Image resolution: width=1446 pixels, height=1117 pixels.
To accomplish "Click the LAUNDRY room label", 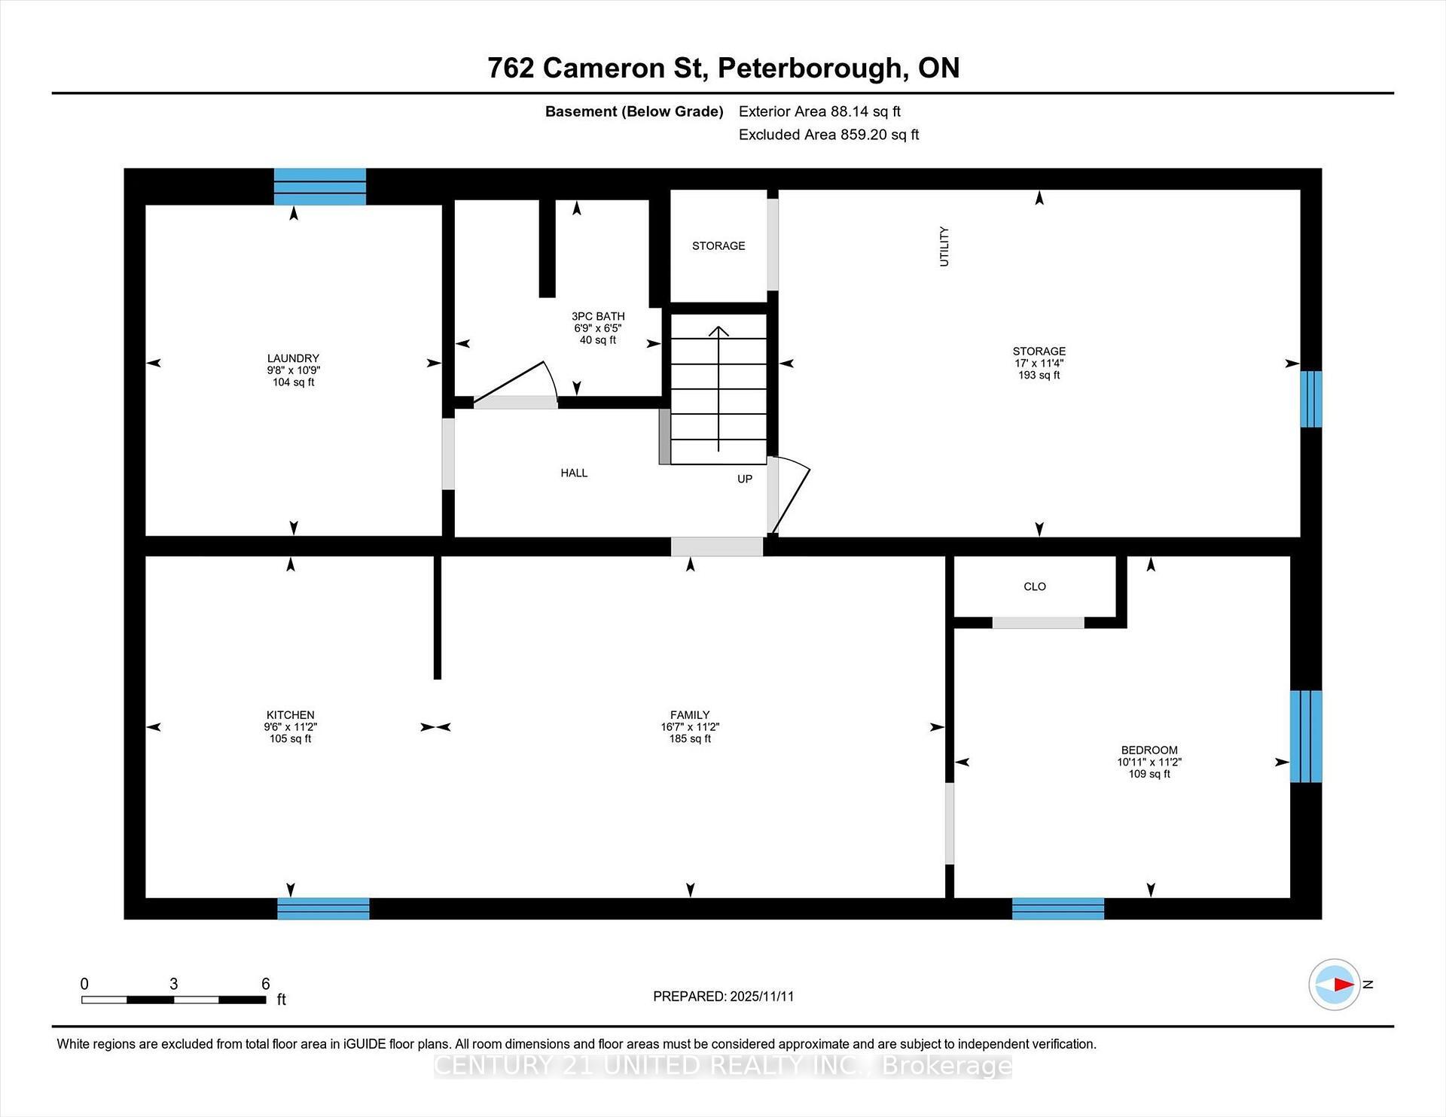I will (293, 358).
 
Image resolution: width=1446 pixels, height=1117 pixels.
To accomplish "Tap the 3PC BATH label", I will (598, 317).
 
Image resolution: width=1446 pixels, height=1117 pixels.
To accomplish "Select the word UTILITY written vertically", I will (944, 246).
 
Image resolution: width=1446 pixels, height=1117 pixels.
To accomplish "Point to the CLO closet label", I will (1035, 587).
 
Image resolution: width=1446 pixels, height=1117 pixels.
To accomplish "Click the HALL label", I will (574, 473).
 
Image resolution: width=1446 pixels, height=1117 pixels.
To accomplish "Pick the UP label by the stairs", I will (744, 479).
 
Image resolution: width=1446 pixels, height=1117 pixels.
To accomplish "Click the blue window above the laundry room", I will (319, 187).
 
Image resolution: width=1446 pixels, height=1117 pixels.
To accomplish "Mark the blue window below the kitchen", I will (323, 909).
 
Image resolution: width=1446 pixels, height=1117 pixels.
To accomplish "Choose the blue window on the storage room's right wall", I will (1310, 399).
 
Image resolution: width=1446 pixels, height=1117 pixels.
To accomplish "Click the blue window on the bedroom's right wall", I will (1305, 736).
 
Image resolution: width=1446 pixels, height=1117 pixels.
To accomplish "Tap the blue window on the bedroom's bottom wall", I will (1057, 909).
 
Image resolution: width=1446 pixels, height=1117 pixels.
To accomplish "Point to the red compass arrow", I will (1341, 984).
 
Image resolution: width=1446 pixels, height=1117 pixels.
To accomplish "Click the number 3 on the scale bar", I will (173, 984).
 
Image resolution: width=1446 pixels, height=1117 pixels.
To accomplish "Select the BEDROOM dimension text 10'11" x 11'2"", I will (1149, 762).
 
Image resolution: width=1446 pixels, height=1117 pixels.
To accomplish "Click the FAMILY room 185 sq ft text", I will (690, 739).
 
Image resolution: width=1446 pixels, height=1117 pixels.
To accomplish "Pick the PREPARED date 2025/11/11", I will (761, 997).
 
